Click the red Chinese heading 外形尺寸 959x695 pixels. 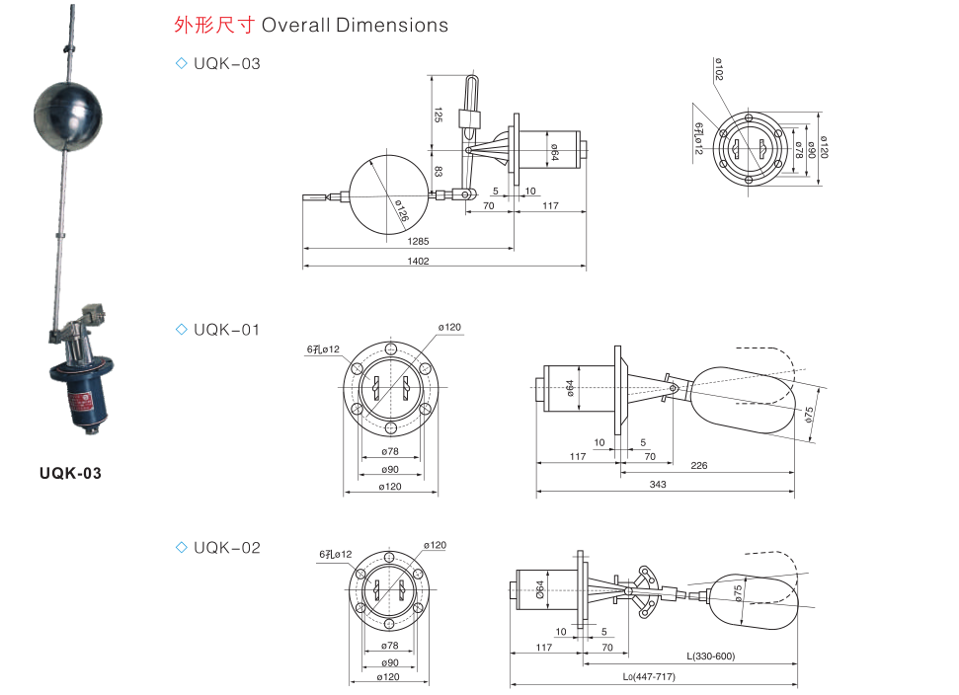(213, 26)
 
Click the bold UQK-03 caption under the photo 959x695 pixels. (70, 474)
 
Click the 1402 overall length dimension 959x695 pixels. (418, 261)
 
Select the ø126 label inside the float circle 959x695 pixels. (400, 210)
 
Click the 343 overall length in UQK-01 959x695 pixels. (659, 484)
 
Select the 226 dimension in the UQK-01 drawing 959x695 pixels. (698, 464)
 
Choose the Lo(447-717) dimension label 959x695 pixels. (649, 676)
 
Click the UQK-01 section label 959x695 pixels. (226, 330)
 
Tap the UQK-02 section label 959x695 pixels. (226, 547)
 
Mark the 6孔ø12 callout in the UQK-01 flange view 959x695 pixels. (322, 349)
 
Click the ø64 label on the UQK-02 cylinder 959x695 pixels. (540, 589)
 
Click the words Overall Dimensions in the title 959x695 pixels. (355, 26)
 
